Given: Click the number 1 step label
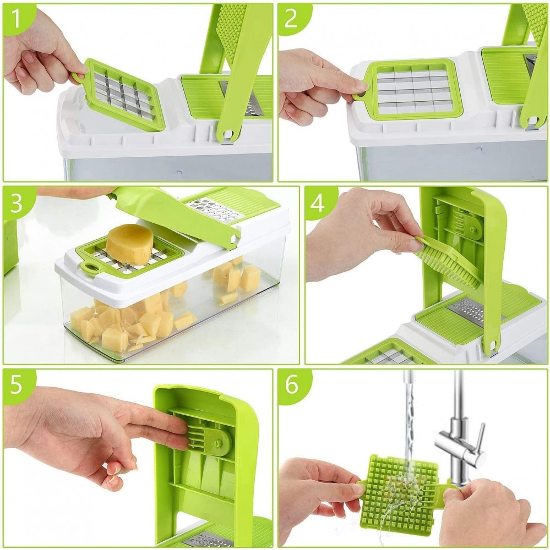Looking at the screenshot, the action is [16, 18].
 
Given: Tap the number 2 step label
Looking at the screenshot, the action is [291, 18].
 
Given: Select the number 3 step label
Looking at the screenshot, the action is [17, 204].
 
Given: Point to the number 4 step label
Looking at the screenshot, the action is [318, 204].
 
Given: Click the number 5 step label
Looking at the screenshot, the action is [17, 385].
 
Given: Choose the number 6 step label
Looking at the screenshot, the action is [291, 385].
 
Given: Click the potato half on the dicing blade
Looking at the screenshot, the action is [129, 244].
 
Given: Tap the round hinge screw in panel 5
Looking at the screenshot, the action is [219, 443].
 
